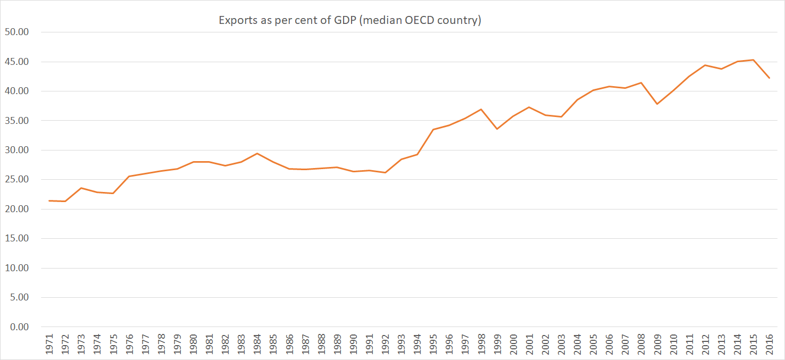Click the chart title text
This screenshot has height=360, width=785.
[x=350, y=21]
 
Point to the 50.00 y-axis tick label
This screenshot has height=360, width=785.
[x=16, y=32]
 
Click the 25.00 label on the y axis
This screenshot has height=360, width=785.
[x=16, y=180]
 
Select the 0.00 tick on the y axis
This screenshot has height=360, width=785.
[x=18, y=327]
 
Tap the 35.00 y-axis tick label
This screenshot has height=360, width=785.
[x=16, y=121]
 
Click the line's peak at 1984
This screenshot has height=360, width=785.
[x=257, y=154]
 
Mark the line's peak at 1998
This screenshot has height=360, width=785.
[x=481, y=110]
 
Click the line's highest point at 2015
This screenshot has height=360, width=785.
[x=753, y=60]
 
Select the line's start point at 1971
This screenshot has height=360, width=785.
[x=49, y=200]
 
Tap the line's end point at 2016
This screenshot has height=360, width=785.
[x=769, y=78]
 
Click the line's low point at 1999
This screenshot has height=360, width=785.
[x=497, y=129]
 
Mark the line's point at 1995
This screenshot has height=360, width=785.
[x=433, y=129]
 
